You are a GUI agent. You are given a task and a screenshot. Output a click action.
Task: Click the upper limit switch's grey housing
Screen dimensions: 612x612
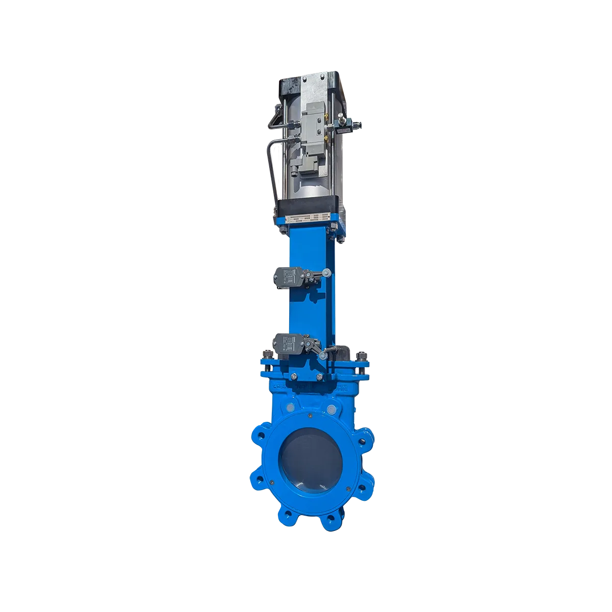coord(286,276)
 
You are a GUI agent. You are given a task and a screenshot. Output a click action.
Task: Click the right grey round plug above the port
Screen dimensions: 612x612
coord(332,409)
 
